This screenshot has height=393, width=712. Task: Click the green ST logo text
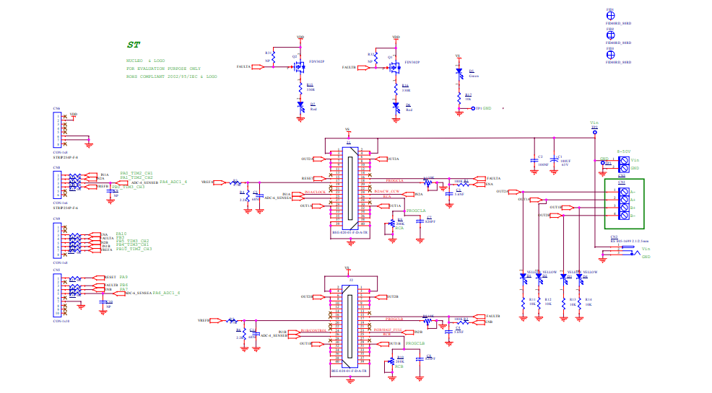coord(133,45)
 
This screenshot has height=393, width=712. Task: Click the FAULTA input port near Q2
coord(244,66)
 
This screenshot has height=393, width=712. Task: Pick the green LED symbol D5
coord(459,72)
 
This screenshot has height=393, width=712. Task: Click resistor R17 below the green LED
coord(459,96)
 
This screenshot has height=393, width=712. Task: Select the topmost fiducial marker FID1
coord(610,15)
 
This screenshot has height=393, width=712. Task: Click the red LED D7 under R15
coord(300,106)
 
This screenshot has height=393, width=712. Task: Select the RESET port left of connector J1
coord(307,177)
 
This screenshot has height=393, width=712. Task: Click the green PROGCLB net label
coord(415,343)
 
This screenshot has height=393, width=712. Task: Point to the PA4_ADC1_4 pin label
coord(173,182)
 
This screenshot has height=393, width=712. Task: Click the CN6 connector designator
coord(56,107)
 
